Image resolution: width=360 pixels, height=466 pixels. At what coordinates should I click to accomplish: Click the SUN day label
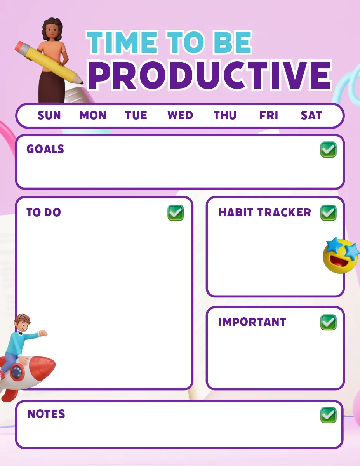(x=49, y=115)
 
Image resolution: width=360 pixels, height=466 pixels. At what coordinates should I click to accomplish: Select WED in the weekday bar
(x=180, y=115)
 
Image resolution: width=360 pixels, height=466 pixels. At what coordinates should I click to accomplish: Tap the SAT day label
(x=311, y=115)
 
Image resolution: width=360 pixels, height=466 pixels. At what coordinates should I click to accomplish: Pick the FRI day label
(x=269, y=115)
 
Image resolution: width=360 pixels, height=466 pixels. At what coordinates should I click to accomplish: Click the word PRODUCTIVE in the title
(x=210, y=75)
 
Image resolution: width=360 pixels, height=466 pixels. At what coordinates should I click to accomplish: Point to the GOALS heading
(x=45, y=149)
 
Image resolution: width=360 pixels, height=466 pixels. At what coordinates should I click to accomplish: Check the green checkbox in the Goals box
(x=329, y=150)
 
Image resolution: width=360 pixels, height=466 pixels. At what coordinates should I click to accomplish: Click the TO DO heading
(x=44, y=212)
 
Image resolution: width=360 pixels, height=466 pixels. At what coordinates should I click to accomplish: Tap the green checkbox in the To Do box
(x=176, y=213)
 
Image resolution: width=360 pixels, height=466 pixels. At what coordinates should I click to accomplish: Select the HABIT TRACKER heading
(x=265, y=212)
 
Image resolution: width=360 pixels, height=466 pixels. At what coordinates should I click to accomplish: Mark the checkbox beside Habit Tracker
(x=329, y=213)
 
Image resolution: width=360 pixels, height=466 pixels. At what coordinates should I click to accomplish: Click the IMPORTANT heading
(x=252, y=322)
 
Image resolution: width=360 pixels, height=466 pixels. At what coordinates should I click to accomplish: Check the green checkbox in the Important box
(x=329, y=322)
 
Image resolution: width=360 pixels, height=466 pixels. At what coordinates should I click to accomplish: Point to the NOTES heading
(x=46, y=414)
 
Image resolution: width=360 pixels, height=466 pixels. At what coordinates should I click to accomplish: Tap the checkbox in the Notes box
(x=329, y=415)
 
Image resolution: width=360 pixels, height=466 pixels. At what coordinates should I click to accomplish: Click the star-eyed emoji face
(x=341, y=256)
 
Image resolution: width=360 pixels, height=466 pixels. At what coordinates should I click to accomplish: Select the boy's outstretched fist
(x=43, y=333)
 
